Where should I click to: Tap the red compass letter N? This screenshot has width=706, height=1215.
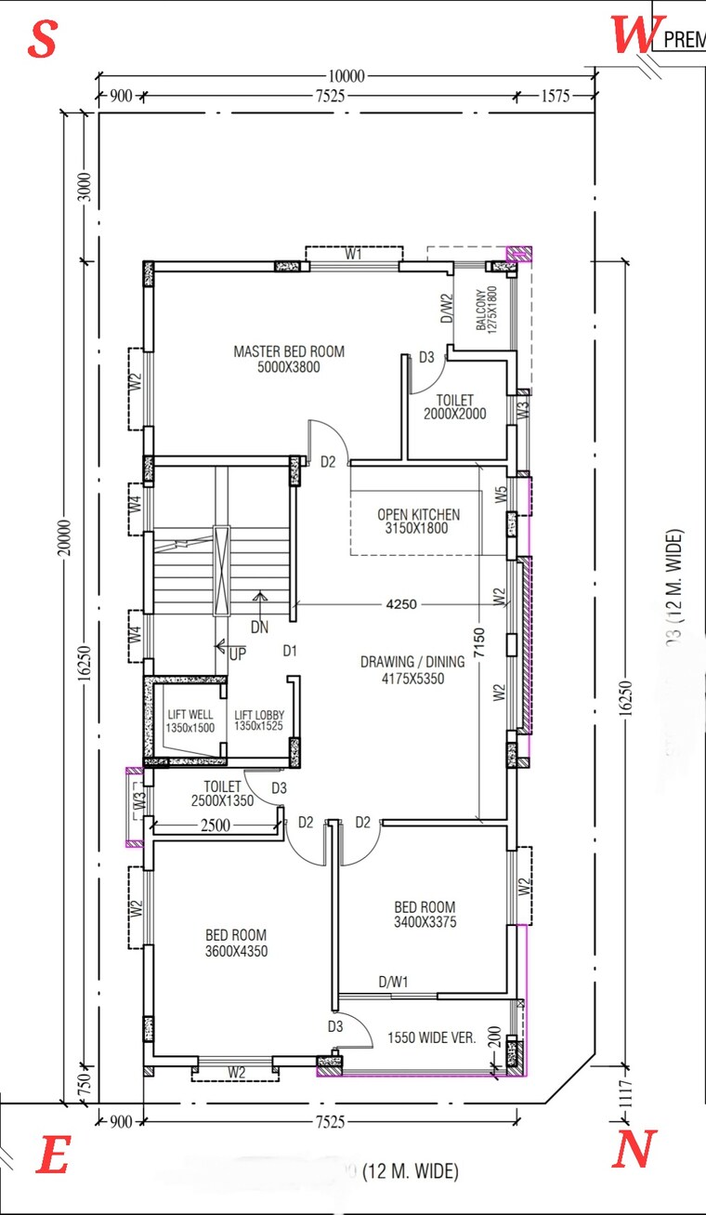(x=634, y=1150)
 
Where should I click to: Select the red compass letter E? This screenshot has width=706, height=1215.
(x=52, y=1157)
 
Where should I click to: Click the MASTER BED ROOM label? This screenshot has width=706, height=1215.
(x=289, y=359)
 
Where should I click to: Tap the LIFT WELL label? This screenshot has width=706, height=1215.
(x=190, y=720)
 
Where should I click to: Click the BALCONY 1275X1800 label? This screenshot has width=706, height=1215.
(x=487, y=308)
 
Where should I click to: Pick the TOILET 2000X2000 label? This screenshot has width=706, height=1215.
(x=454, y=407)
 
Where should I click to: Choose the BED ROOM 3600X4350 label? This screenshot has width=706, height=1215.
(x=236, y=943)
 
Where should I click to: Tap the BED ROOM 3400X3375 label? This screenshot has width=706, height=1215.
(x=425, y=915)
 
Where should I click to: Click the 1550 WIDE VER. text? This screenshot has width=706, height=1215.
(x=432, y=1038)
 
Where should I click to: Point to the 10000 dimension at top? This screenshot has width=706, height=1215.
(x=346, y=75)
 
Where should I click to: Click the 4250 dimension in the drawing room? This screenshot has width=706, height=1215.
(x=401, y=603)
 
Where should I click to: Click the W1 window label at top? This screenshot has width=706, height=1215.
(x=353, y=253)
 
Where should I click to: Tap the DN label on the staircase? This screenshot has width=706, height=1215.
(x=259, y=627)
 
